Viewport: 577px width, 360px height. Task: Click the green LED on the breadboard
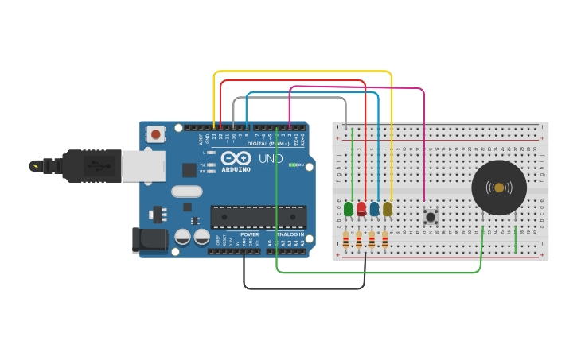click(x=349, y=209)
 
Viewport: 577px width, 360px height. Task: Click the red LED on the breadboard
click(x=361, y=209)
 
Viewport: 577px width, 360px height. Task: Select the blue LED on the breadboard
click(x=374, y=209)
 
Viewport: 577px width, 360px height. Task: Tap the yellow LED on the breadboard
click(x=388, y=209)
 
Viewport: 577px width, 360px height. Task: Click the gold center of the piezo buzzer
click(x=499, y=188)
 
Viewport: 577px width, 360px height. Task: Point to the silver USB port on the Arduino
click(x=143, y=165)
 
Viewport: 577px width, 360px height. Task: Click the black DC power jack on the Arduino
click(x=150, y=240)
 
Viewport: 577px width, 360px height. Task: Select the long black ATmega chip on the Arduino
click(x=258, y=217)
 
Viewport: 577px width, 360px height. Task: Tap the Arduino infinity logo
click(x=236, y=157)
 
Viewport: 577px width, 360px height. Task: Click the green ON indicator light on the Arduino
click(x=292, y=165)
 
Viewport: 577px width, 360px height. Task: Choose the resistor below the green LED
click(x=345, y=239)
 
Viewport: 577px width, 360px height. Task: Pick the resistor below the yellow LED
click(x=385, y=239)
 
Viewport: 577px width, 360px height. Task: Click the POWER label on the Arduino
click(x=249, y=234)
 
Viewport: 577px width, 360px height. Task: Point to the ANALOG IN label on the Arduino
click(x=290, y=234)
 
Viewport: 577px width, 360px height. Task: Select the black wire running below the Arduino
click(x=302, y=288)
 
